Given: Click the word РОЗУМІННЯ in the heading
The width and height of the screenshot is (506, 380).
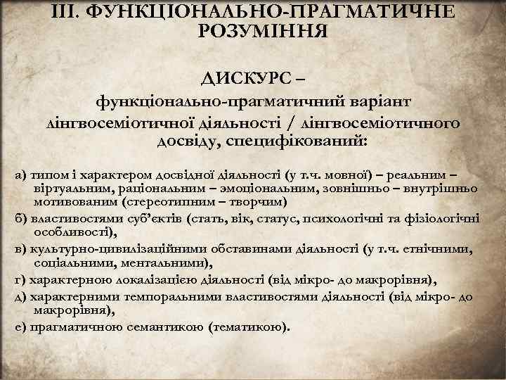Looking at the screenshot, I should pyautogui.click(x=253, y=32).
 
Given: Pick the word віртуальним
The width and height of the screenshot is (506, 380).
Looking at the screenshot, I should pyautogui.click(x=67, y=189).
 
